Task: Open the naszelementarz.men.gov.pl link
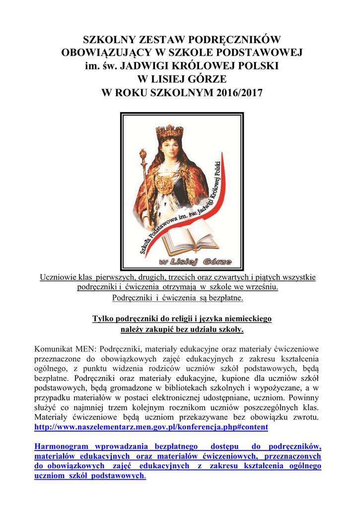[x=151, y=427]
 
